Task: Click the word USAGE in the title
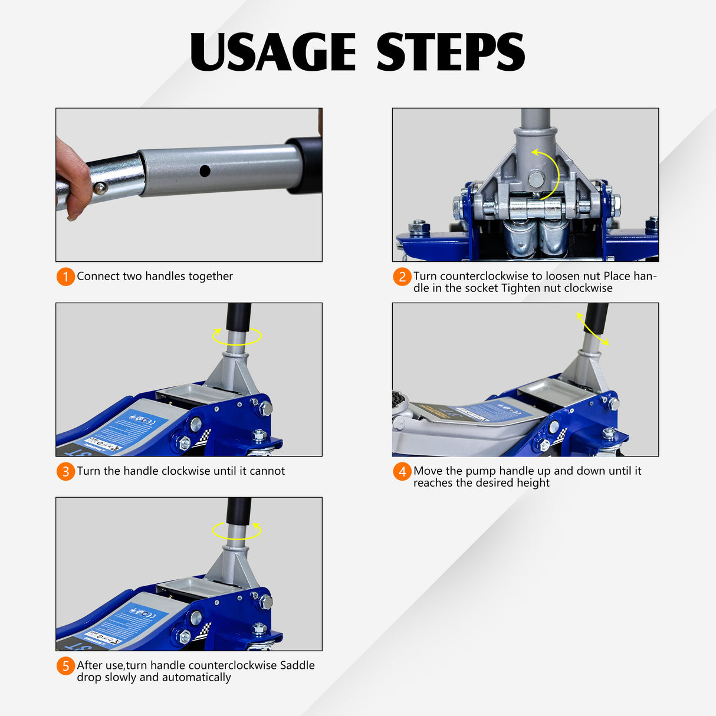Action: point(273,52)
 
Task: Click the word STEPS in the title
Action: point(450,52)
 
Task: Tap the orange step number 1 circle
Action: point(65,277)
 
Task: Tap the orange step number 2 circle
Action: point(402,277)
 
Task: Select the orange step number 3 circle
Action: point(65,471)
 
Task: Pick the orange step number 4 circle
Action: point(402,471)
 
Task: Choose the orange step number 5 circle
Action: point(65,666)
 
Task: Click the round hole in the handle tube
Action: point(205,171)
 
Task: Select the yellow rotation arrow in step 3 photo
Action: point(237,337)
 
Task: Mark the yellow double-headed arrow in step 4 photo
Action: point(593,329)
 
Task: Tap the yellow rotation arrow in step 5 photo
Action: point(237,530)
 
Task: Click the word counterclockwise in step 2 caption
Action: point(484,276)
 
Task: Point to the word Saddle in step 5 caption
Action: point(297,665)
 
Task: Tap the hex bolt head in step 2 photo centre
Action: point(536,179)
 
